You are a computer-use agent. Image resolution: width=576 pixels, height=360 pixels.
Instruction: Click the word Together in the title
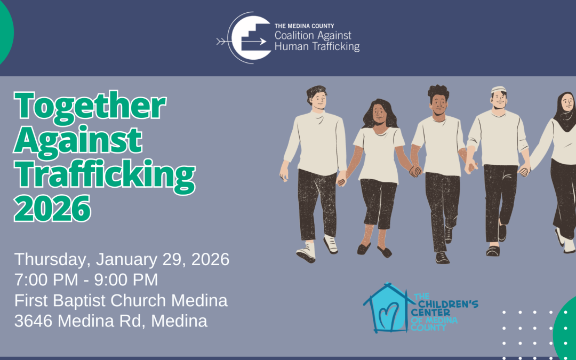coord(90,106)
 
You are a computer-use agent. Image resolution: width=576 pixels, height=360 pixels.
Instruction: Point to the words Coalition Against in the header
coord(313,36)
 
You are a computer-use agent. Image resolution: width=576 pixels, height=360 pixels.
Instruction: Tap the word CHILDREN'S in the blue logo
coord(446,305)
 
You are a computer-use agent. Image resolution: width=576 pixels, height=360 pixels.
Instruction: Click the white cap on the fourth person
coord(498,90)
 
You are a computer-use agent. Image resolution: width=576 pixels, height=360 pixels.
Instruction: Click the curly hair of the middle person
coord(438,91)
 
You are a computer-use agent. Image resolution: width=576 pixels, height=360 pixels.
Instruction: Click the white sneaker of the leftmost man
coord(307,253)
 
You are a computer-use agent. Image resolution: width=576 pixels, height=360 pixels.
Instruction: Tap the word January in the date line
coord(130,260)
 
